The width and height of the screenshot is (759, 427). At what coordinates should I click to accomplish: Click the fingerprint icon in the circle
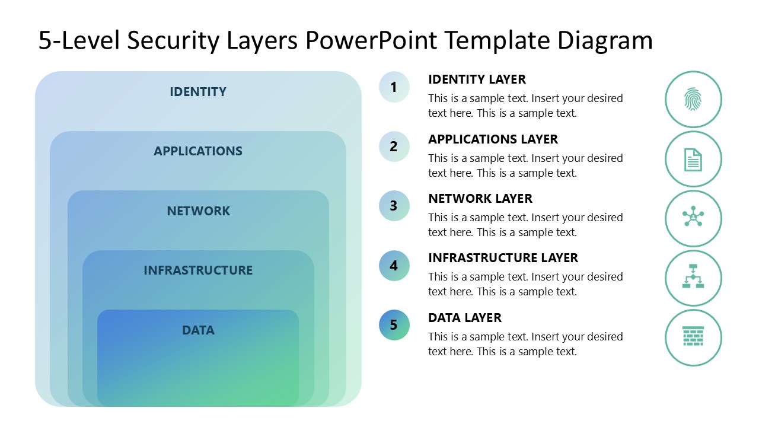coord(693,99)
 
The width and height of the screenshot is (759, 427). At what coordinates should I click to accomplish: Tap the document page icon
coord(693,159)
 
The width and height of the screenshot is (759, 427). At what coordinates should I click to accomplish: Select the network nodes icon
coord(693,218)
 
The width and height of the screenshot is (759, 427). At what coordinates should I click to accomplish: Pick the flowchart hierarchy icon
coord(693,278)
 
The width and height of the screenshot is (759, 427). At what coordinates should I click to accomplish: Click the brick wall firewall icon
coord(693,337)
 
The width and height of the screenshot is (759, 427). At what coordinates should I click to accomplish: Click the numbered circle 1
coord(394,87)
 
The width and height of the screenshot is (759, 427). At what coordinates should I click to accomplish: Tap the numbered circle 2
coord(394,146)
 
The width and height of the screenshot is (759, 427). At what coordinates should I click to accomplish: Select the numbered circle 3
coord(394,206)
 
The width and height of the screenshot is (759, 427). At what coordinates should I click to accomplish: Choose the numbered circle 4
coord(394,266)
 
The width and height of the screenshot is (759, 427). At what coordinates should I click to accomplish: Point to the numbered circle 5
coord(394,325)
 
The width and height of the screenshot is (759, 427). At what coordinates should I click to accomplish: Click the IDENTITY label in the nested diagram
coord(198,92)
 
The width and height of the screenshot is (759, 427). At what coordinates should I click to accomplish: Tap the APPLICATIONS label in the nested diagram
coord(198,151)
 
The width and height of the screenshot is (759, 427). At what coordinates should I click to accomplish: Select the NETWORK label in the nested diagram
coord(198,211)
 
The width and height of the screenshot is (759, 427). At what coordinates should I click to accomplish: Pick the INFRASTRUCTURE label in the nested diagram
coord(198,270)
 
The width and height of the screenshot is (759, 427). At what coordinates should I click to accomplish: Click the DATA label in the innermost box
coord(198,330)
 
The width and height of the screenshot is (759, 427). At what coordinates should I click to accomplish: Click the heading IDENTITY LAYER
coord(477,79)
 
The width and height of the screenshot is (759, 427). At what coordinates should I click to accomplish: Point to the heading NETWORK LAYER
coord(480,199)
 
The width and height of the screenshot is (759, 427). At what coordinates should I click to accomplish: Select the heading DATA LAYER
coord(465,318)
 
